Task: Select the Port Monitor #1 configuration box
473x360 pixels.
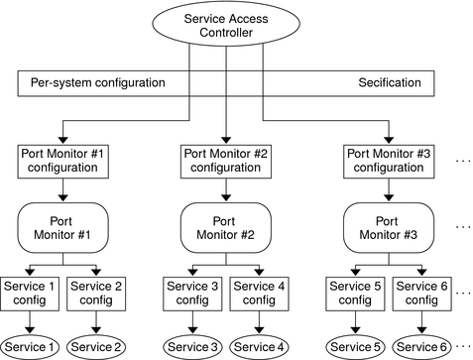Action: (62, 160)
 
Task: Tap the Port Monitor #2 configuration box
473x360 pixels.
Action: (226, 160)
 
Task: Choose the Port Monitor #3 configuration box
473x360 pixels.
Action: (390, 160)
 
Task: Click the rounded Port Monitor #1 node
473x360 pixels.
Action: (62, 227)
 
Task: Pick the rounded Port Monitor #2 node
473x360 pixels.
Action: (226, 227)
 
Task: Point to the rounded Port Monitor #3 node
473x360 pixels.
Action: (390, 227)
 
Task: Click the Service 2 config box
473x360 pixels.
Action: (96, 293)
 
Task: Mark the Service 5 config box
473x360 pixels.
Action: (355, 293)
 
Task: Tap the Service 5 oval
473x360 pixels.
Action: (356, 346)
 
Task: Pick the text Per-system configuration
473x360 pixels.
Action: (94, 83)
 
